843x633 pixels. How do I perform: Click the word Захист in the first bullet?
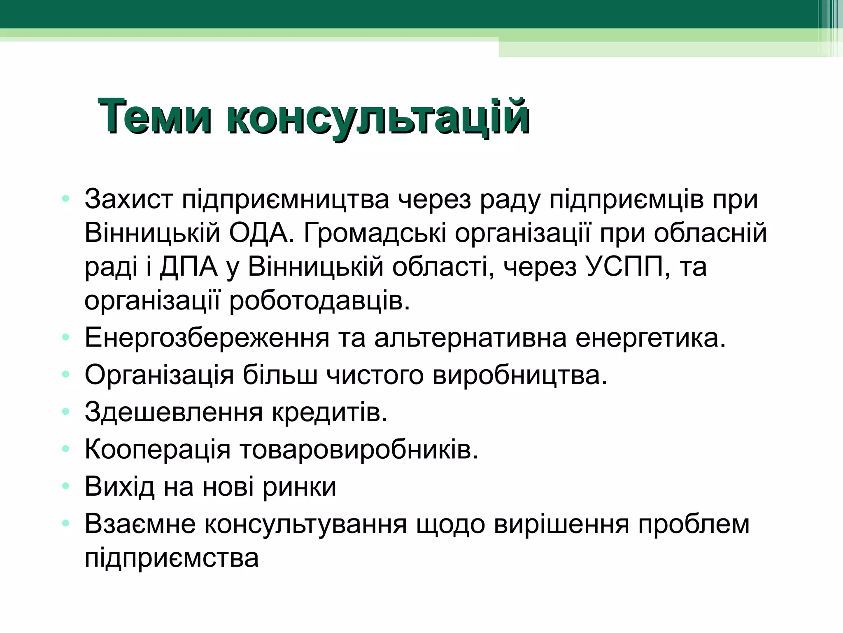[x=128, y=199]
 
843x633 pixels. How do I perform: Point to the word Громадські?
[x=375, y=233]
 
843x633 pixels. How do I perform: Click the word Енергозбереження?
[x=207, y=338]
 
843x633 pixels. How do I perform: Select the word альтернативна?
[x=470, y=338]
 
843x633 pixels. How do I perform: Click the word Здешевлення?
[x=174, y=412]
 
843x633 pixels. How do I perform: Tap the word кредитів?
[x=330, y=412]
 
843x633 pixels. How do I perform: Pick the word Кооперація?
[x=158, y=449]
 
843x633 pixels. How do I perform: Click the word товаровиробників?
[x=359, y=449]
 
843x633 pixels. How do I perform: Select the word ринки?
[x=300, y=487]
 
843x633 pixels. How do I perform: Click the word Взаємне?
[x=140, y=524]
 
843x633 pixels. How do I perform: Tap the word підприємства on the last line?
[x=172, y=558]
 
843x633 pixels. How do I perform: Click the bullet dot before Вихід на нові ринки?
[x=65, y=486]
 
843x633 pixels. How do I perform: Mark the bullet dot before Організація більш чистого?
[x=65, y=375]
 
